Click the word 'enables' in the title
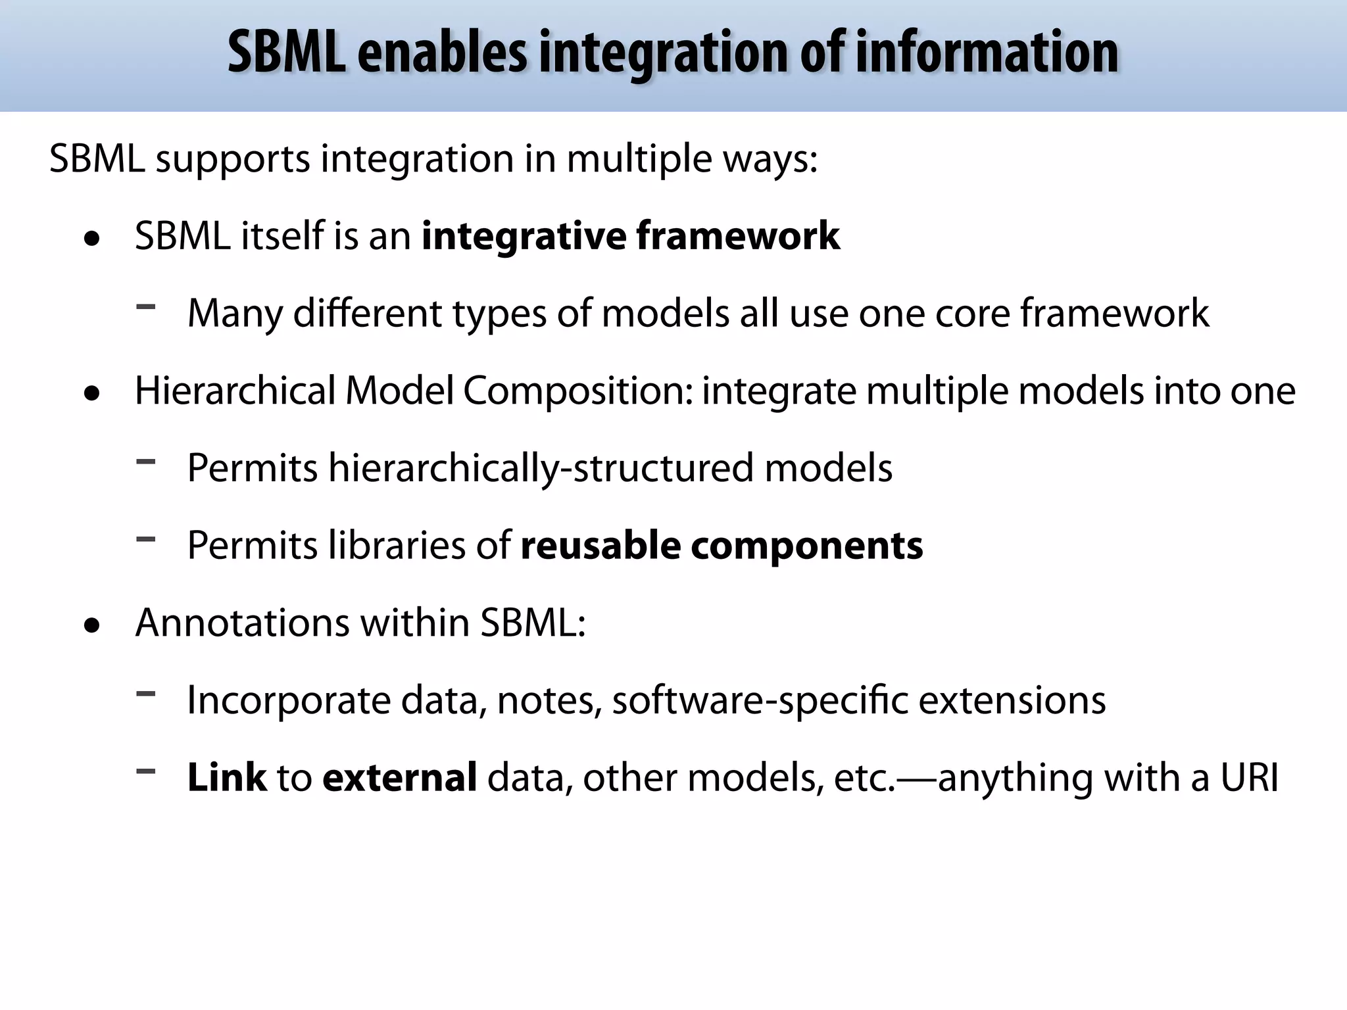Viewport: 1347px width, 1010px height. [442, 53]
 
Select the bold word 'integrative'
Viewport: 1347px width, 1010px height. [524, 236]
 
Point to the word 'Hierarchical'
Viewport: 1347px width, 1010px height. [235, 391]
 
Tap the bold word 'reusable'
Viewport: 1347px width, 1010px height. [600, 546]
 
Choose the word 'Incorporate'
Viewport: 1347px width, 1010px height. [289, 701]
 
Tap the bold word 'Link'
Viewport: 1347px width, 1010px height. [227, 777]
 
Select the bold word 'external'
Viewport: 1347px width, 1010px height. [399, 777]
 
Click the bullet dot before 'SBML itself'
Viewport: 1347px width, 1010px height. [93, 239]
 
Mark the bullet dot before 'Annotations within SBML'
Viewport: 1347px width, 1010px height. [93, 626]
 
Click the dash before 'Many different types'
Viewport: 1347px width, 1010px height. [145, 306]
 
